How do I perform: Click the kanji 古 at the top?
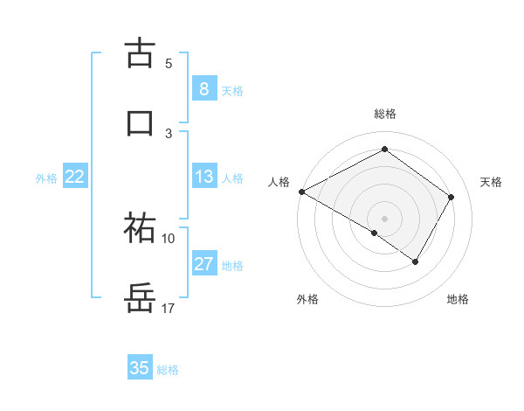click(140, 52)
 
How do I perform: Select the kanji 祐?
click(140, 227)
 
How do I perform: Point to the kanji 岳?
click(140, 298)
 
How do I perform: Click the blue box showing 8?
click(203, 88)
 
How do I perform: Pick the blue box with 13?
click(203, 177)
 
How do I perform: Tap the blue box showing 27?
click(203, 264)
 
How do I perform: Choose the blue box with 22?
click(75, 177)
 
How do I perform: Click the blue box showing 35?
click(140, 368)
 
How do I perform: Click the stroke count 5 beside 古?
click(169, 63)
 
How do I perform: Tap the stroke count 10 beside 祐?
click(168, 238)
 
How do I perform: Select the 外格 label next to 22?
click(46, 178)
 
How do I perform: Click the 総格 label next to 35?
click(168, 370)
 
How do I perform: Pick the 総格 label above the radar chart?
click(384, 114)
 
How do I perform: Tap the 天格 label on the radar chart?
click(492, 182)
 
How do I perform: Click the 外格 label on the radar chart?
click(307, 299)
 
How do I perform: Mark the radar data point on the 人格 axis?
click(301, 192)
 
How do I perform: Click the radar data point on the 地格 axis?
click(416, 261)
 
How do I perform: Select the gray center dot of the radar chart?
click(384, 218)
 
